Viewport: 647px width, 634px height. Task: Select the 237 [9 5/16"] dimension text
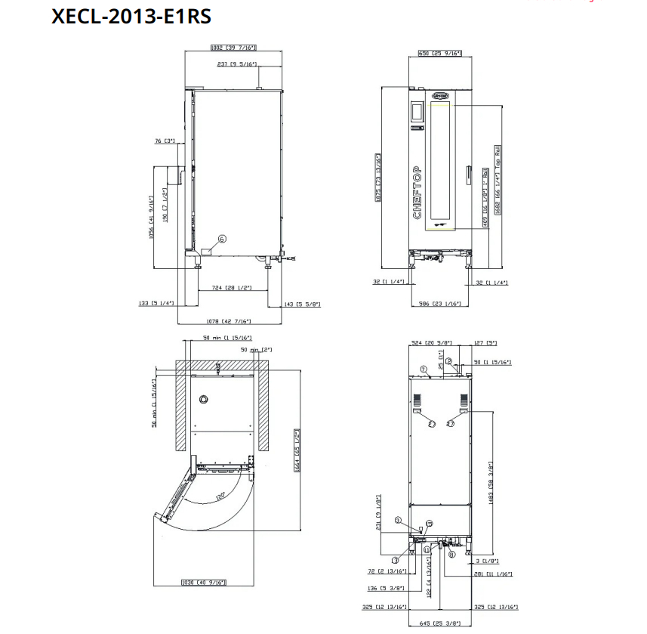(x=237, y=64)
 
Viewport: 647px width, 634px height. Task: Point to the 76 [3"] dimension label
(x=164, y=141)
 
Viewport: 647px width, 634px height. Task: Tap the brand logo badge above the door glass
(x=440, y=96)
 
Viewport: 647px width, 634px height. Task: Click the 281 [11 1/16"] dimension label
(x=495, y=574)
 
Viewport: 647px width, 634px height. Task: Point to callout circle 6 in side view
(x=221, y=239)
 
